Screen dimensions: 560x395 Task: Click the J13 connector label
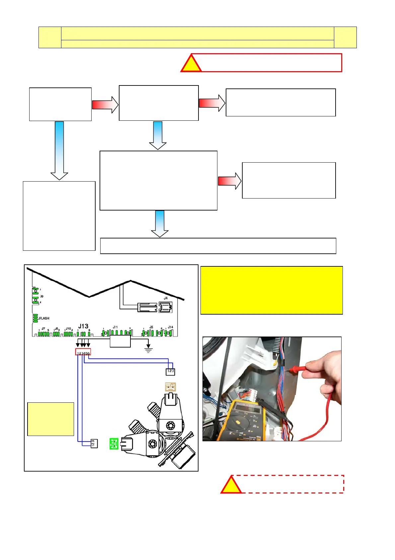83,326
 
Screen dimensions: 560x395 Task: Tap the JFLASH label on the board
43,318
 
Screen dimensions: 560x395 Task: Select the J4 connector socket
165,307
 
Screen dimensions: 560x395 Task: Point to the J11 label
115,327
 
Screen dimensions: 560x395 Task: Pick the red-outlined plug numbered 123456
83,352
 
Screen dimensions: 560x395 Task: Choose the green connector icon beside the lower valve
114,444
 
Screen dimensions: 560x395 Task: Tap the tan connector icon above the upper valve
170,387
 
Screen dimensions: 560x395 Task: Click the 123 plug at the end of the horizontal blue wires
170,371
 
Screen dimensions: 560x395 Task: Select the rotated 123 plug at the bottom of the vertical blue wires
94,443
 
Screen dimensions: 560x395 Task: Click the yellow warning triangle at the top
191,64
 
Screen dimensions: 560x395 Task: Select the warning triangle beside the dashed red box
231,485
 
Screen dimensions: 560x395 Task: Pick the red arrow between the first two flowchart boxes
105,105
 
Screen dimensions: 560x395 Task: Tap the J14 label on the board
170,327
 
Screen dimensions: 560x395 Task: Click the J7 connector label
43,329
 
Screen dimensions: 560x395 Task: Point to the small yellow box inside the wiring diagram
50,419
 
